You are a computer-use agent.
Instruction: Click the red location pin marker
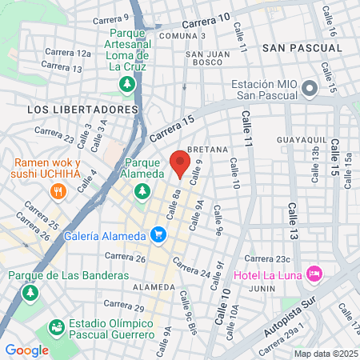point(180,163)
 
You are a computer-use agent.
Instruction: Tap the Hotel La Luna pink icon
point(315,274)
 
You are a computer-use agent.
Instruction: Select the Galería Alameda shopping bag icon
point(158,234)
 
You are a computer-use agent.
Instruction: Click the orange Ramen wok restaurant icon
point(57,191)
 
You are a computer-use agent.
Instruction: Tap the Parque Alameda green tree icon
point(142,190)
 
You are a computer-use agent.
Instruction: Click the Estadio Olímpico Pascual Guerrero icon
point(56,327)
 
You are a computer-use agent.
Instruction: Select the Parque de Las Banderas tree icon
point(30,293)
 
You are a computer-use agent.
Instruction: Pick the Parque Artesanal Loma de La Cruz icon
point(126,83)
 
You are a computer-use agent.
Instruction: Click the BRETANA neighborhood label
point(207,150)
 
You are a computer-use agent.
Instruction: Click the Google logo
point(26,350)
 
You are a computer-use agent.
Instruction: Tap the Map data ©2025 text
point(325,354)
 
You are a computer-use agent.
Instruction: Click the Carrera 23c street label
point(266,258)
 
